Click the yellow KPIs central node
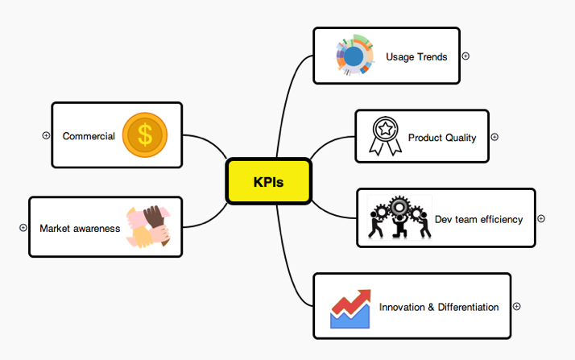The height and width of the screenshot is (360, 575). point(268,181)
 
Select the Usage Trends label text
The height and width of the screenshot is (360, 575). point(416,57)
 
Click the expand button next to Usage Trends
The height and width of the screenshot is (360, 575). point(465,56)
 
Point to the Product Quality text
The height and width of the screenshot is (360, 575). point(442,138)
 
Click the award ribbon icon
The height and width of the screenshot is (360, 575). point(383,135)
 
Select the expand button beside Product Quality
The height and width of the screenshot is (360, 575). point(494,137)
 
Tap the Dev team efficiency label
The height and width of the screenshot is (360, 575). point(478,219)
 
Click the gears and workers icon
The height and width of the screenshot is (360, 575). point(399,217)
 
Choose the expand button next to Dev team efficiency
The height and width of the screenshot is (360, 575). point(541,218)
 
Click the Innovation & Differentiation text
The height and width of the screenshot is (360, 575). point(439,307)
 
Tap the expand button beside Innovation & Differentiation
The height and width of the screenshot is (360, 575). point(517,306)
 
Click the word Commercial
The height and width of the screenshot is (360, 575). point(89,136)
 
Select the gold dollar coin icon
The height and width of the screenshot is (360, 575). point(145,134)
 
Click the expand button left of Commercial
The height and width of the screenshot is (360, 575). point(46,135)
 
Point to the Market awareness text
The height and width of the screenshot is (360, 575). point(80,228)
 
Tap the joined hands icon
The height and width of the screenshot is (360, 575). point(147,226)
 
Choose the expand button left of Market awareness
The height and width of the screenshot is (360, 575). point(23,228)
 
